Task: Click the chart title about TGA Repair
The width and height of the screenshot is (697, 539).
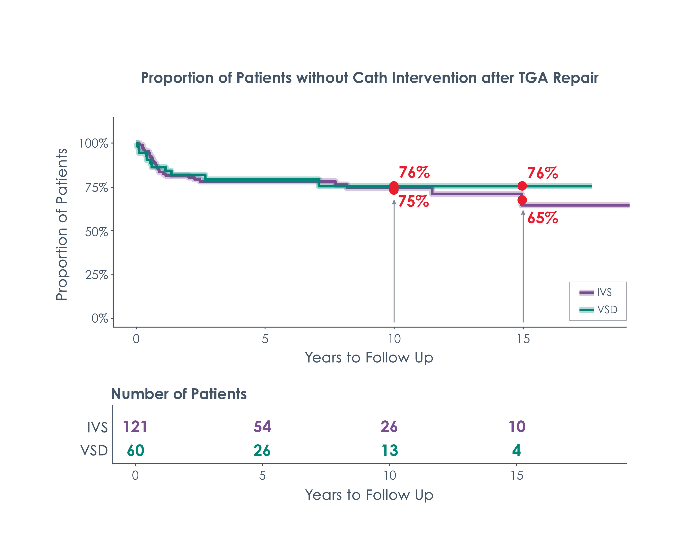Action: pyautogui.click(x=370, y=78)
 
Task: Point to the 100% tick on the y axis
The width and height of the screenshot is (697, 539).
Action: pyautogui.click(x=94, y=143)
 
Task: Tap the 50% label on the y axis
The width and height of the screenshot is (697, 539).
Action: pyautogui.click(x=96, y=232)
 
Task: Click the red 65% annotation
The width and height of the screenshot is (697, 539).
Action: pyautogui.click(x=543, y=218)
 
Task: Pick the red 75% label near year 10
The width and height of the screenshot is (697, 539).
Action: pyautogui.click(x=413, y=201)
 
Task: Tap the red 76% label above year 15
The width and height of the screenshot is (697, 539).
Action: pyautogui.click(x=543, y=173)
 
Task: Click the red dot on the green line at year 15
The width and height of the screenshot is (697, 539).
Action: pyautogui.click(x=522, y=186)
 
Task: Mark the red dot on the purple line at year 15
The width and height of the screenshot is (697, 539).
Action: pyautogui.click(x=522, y=200)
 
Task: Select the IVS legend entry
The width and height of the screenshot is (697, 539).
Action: pyautogui.click(x=596, y=292)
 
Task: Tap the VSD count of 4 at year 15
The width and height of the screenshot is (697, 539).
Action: pyautogui.click(x=516, y=451)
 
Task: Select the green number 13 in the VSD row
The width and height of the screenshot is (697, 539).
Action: pyautogui.click(x=390, y=451)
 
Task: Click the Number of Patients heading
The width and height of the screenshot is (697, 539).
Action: pyautogui.click(x=179, y=394)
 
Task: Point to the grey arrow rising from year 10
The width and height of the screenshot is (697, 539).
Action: pyautogui.click(x=394, y=262)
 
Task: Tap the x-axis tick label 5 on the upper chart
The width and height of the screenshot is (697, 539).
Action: pyautogui.click(x=265, y=339)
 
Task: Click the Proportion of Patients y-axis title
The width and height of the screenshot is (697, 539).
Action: pyautogui.click(x=62, y=224)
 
